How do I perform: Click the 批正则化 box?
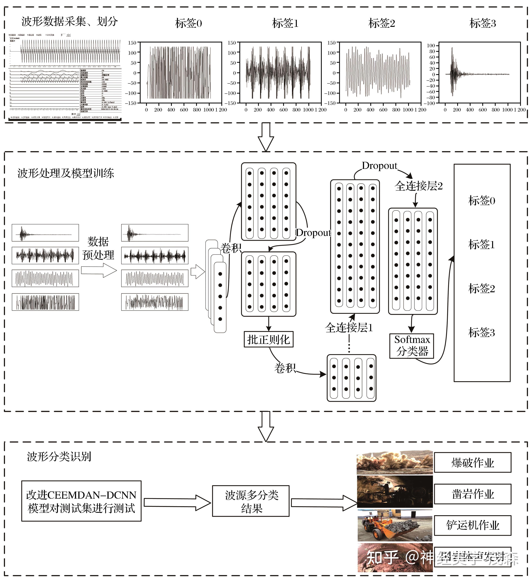268,339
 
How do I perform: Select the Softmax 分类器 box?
412,346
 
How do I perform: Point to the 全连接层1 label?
349,328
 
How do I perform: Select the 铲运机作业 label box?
472,525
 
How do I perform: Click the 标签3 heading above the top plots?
483,23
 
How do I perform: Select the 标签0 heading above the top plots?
189,23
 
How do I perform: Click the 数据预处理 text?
98,248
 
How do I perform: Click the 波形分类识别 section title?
59,456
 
